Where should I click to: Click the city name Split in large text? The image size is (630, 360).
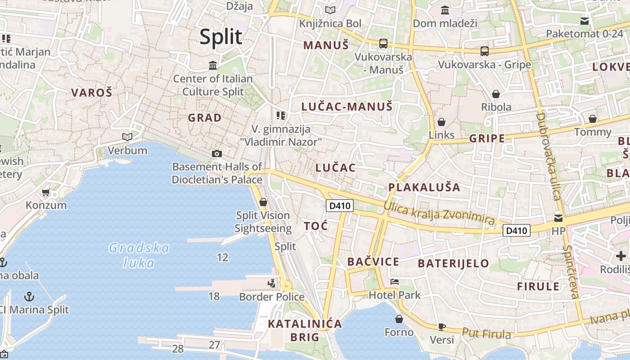[x=221, y=37]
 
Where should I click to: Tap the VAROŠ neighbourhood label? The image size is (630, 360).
[x=91, y=93]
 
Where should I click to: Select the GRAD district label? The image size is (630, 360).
[x=205, y=118]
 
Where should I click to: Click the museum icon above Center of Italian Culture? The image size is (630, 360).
[x=213, y=66]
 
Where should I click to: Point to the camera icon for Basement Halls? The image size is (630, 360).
[x=216, y=154]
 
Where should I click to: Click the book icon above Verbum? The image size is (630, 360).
[x=127, y=137]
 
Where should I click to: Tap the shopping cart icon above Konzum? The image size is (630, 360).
[x=45, y=193]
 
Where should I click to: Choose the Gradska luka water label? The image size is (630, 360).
[x=139, y=255]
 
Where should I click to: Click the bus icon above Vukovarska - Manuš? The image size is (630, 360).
[x=383, y=44]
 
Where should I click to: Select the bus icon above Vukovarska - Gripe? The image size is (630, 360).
[x=484, y=51]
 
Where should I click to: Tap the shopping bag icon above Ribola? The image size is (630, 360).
[x=496, y=94]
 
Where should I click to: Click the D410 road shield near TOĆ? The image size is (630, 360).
[x=339, y=206]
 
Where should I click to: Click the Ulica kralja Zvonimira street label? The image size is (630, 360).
[x=439, y=212]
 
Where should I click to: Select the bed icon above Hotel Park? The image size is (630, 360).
[x=395, y=282]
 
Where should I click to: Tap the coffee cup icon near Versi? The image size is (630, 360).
[x=442, y=327]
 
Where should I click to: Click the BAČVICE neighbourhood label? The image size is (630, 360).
[x=373, y=262]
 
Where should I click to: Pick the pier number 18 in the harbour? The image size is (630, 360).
[x=214, y=296]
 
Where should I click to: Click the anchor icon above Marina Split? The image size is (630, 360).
[x=29, y=296]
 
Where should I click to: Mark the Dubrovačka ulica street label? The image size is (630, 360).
[x=548, y=156]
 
